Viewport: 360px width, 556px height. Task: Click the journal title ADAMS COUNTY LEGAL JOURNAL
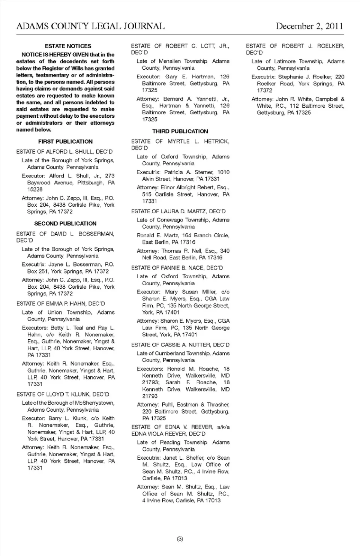tap(90, 26)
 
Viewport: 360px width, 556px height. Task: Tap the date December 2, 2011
tap(309, 26)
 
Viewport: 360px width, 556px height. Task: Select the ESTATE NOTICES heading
tap(68, 46)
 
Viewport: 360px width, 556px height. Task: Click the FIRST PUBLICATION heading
tap(65, 142)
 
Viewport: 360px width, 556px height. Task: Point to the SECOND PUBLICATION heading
tap(65, 223)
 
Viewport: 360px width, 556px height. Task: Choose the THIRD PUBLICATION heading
tap(180, 131)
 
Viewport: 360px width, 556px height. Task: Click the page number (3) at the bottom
tap(180, 539)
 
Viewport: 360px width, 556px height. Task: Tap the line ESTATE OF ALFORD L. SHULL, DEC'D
tap(64, 152)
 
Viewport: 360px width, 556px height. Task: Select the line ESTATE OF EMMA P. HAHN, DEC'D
tap(60, 304)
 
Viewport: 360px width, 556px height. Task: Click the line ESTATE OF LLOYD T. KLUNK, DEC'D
tap(63, 394)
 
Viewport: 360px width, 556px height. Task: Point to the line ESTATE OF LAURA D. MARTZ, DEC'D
tap(178, 211)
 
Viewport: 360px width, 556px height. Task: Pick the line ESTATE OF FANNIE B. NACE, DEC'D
tap(177, 268)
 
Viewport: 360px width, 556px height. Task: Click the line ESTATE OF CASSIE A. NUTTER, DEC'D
tap(180, 345)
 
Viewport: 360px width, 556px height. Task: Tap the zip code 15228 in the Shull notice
tap(35, 189)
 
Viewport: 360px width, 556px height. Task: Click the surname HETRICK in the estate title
tap(216, 141)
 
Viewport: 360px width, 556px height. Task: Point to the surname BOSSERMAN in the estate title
tap(96, 234)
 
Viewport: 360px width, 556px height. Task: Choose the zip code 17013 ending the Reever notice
tap(213, 501)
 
